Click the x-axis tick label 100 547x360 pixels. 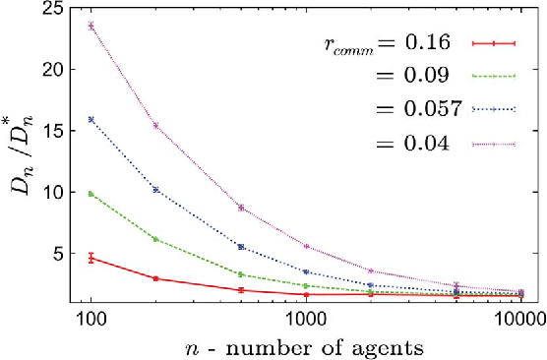point(91,320)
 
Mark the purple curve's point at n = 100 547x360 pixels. point(91,27)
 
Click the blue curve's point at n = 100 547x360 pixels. point(91,120)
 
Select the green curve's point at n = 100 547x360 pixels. point(91,194)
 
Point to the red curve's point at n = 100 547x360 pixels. point(91,258)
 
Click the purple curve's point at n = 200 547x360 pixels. point(155,126)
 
